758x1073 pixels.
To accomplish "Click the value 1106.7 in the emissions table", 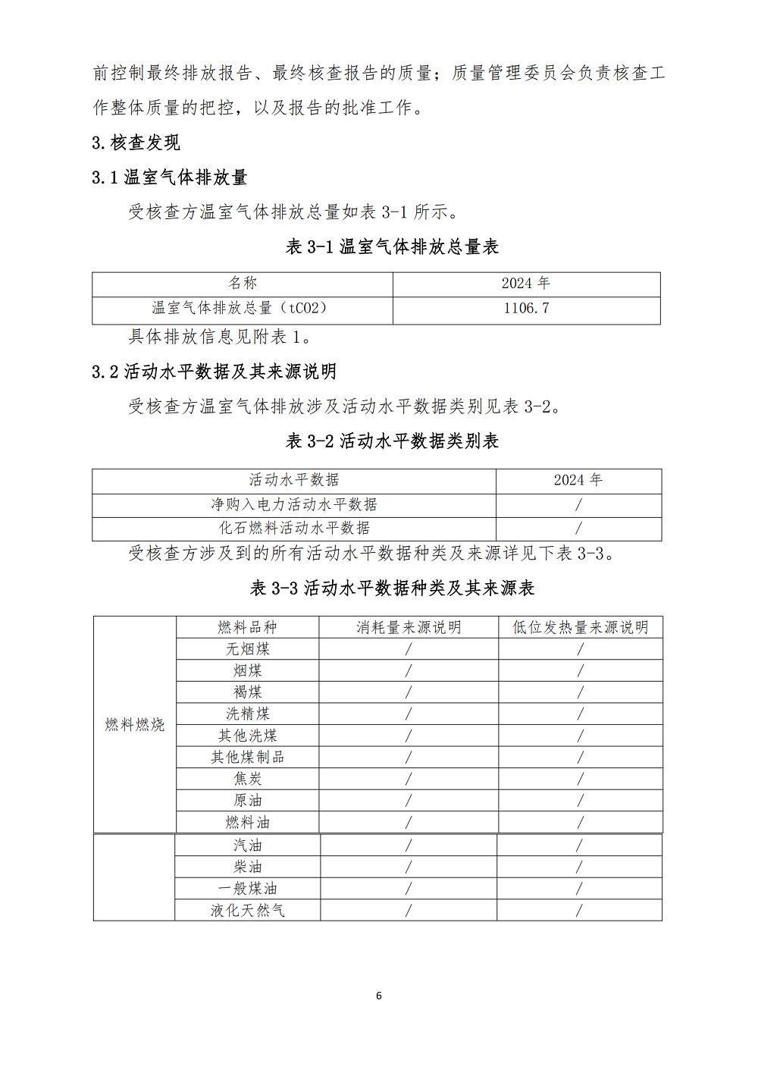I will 526,308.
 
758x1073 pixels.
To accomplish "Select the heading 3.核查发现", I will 136,143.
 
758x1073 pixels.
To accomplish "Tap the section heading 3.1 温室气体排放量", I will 170,178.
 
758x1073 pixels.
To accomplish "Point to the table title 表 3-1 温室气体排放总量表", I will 392,247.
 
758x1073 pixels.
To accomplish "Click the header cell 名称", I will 243,284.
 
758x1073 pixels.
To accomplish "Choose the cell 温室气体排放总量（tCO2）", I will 240,308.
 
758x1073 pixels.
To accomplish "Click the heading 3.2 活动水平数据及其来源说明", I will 214,372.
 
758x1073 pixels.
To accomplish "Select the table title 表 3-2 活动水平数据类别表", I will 392,441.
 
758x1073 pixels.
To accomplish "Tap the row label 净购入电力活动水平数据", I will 293,504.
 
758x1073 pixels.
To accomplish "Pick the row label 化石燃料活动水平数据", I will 293,528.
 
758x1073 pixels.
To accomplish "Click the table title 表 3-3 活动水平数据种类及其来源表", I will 392,588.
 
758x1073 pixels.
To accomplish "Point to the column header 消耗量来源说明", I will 409,627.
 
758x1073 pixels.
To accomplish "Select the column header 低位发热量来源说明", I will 580,627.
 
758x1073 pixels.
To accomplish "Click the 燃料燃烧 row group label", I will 135,725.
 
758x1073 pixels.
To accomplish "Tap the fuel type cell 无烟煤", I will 247,649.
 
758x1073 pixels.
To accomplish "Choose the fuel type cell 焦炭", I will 247,779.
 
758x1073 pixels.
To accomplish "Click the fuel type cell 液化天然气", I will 247,910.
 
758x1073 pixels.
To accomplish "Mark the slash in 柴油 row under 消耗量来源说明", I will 409,867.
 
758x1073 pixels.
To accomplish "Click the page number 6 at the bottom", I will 379,996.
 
